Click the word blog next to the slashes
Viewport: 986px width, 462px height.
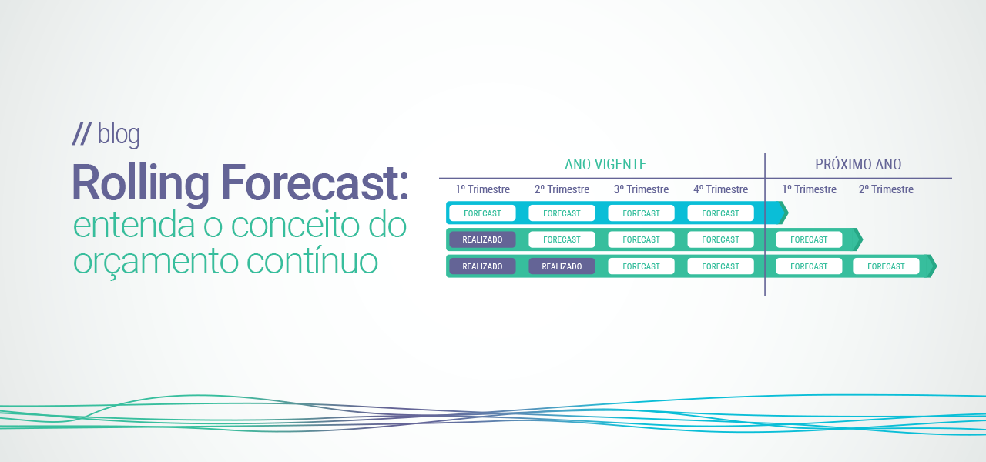click(x=119, y=135)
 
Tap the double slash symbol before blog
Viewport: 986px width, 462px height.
click(x=82, y=135)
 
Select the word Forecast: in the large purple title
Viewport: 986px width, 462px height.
click(x=316, y=185)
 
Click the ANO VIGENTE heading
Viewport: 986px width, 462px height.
click(x=605, y=165)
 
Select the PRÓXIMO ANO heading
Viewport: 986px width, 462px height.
click(x=858, y=165)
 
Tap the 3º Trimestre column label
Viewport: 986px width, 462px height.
click(x=641, y=189)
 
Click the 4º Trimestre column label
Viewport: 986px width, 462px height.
click(x=720, y=189)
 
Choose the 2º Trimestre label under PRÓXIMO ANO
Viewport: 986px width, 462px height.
click(x=886, y=189)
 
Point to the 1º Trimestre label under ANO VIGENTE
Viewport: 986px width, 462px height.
click(x=482, y=189)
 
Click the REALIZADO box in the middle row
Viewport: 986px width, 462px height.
click(x=482, y=239)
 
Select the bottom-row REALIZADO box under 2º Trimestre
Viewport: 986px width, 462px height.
click(x=562, y=266)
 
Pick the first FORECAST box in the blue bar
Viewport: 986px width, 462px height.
click(x=482, y=213)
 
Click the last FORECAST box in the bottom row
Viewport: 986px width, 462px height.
click(x=886, y=266)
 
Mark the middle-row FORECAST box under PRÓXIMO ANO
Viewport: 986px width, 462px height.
click(x=809, y=239)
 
